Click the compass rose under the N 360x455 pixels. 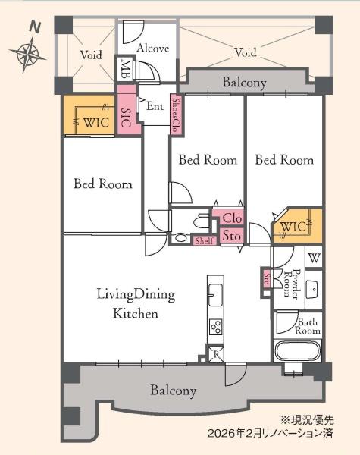(27, 54)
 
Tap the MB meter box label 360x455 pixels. (125, 69)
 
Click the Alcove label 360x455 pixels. (152, 48)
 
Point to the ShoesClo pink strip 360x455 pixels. (176, 115)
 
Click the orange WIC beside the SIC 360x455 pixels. (89, 115)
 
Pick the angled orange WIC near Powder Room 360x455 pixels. (297, 226)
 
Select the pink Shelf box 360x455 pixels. (205, 240)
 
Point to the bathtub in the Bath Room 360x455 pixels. (298, 351)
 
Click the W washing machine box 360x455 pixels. (315, 257)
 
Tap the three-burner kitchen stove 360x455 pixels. (216, 327)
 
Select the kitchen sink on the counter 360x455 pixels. (215, 294)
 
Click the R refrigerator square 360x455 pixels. (216, 354)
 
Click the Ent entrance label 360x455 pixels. (155, 106)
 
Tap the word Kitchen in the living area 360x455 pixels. (136, 314)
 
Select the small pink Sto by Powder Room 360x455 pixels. (266, 278)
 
